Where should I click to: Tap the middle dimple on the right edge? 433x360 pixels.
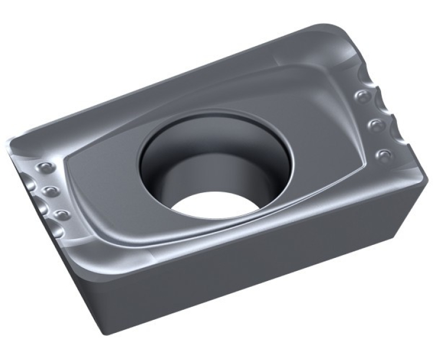point(373,125)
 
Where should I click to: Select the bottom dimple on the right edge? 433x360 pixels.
point(384,156)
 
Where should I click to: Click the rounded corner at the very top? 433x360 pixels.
point(330,30)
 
